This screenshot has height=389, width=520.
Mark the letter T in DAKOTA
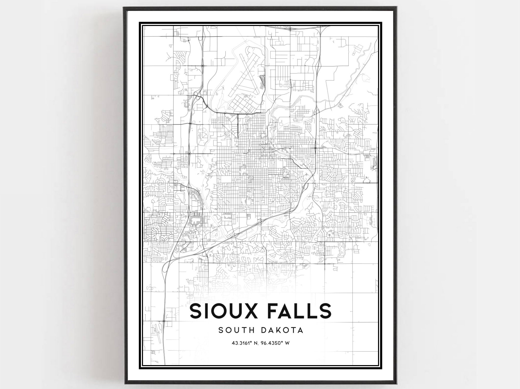[294, 330]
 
